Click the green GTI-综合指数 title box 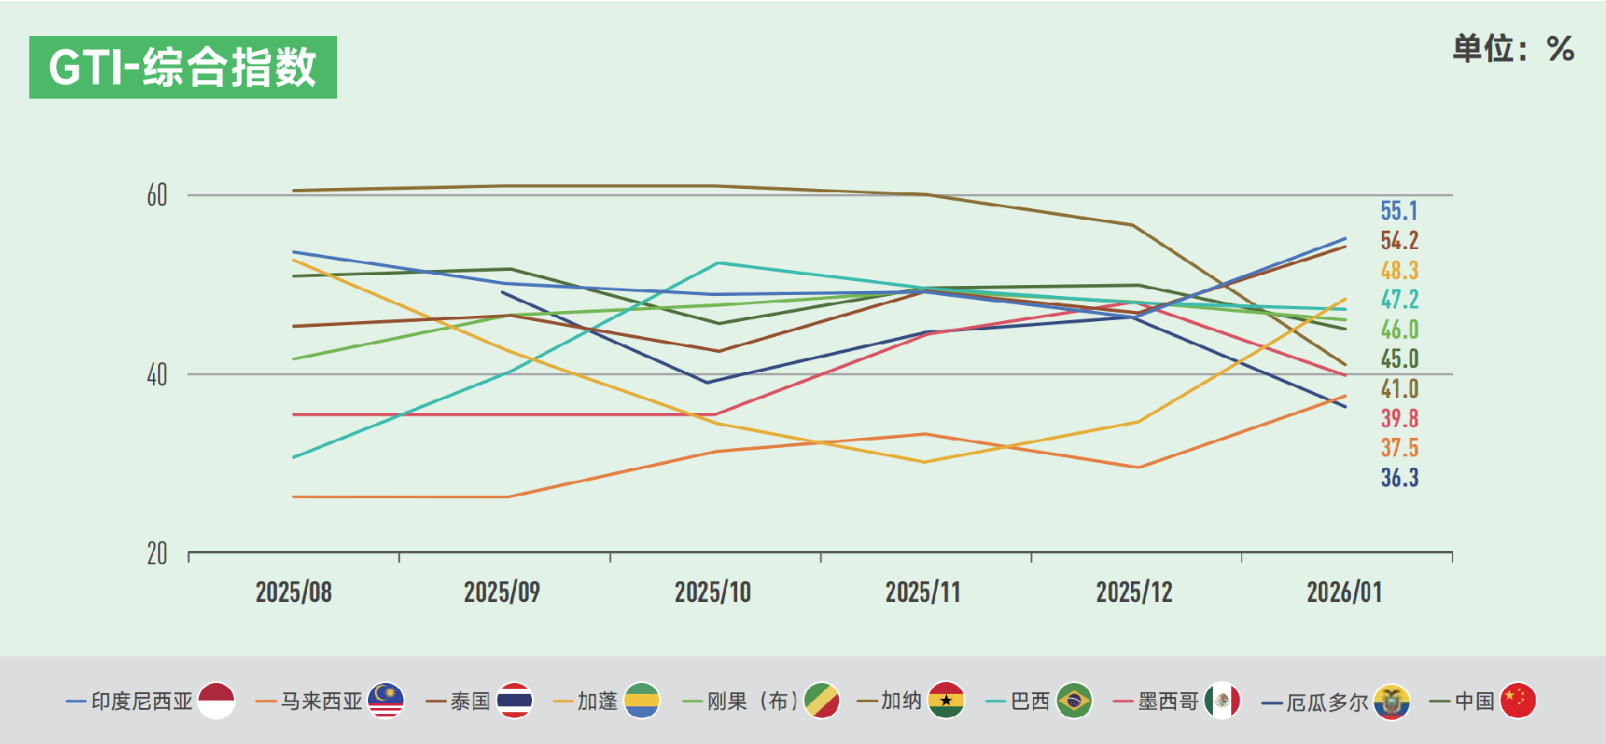pyautogui.click(x=182, y=67)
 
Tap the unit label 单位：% pyautogui.click(x=1513, y=49)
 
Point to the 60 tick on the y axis pyautogui.click(x=157, y=196)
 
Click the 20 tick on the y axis pyautogui.click(x=157, y=553)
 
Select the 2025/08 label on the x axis pyautogui.click(x=294, y=593)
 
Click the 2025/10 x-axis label pyautogui.click(x=713, y=593)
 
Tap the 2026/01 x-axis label pyautogui.click(x=1344, y=593)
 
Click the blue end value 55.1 pyautogui.click(x=1399, y=211)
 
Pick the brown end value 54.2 pyautogui.click(x=1399, y=241)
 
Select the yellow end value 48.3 pyautogui.click(x=1399, y=270)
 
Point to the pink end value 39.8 pyautogui.click(x=1399, y=418)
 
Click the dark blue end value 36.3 pyautogui.click(x=1399, y=477)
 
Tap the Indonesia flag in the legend pyautogui.click(x=217, y=701)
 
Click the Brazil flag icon pyautogui.click(x=1074, y=701)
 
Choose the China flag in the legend pyautogui.click(x=1518, y=701)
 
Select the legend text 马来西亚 pyautogui.click(x=321, y=701)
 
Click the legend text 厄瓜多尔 pyautogui.click(x=1327, y=701)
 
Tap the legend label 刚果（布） pyautogui.click(x=752, y=701)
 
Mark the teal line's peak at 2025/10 pyautogui.click(x=718, y=263)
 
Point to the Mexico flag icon pyautogui.click(x=1222, y=701)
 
